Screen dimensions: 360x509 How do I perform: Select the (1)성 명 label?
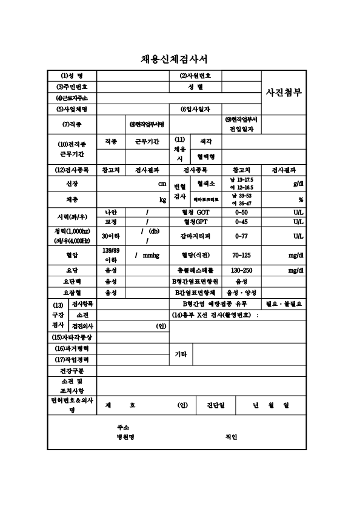72,76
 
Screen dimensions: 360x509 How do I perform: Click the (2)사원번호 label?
196,76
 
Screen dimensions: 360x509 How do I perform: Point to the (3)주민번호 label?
72,87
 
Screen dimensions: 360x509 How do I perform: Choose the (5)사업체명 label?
72,109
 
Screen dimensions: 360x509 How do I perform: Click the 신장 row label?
72,183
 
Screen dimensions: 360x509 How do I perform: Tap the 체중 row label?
72,199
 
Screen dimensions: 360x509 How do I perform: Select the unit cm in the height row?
162,183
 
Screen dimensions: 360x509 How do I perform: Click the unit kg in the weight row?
162,199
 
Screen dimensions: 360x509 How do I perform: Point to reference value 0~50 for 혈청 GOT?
241,213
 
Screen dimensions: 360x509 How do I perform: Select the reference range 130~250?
241,270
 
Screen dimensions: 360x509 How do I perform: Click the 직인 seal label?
231,436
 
